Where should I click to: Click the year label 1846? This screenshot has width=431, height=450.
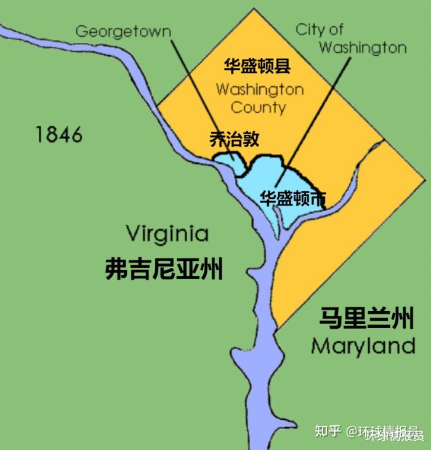click(58, 134)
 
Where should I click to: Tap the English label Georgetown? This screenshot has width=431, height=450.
click(123, 31)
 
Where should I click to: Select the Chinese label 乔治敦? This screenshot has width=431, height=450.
click(235, 139)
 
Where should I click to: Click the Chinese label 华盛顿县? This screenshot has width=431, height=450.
click(257, 66)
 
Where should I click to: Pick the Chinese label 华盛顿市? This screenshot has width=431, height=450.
click(292, 198)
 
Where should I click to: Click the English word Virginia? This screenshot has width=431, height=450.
click(167, 234)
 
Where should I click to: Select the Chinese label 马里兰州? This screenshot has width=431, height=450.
click(366, 319)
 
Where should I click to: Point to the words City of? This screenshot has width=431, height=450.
click(319, 29)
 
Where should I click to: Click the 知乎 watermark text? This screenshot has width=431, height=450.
click(328, 431)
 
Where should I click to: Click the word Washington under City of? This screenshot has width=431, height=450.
click(363, 47)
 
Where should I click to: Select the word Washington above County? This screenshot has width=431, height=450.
click(260, 89)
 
